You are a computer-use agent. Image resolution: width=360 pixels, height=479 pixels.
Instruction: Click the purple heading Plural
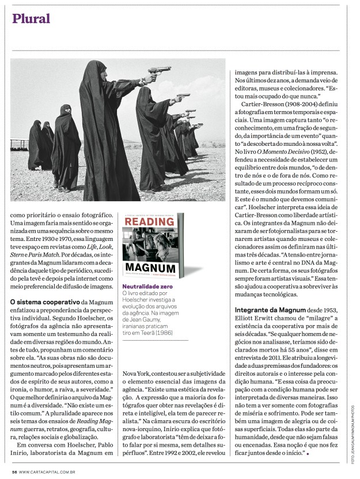coord(31,18)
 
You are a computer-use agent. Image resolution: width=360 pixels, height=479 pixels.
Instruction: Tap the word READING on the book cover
coord(151,225)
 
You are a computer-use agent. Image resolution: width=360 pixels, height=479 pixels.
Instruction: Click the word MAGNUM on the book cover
coord(151,269)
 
